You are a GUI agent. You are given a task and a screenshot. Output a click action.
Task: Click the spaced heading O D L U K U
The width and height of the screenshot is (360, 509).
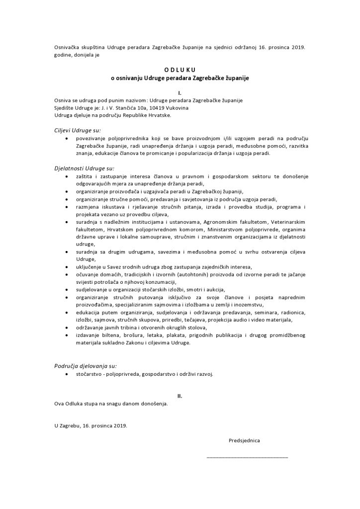pos(180,71)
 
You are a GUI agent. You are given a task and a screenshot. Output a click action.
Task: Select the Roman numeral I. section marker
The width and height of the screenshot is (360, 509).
pos(180,93)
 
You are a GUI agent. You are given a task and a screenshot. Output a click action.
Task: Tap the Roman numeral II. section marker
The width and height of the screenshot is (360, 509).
pos(180,396)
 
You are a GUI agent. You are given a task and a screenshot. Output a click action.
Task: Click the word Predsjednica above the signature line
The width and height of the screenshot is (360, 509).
pos(244,440)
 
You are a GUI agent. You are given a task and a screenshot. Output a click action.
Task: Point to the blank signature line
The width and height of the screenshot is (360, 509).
pos(247,456)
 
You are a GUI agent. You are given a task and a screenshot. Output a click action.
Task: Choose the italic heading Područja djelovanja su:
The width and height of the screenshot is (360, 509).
pos(83,366)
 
